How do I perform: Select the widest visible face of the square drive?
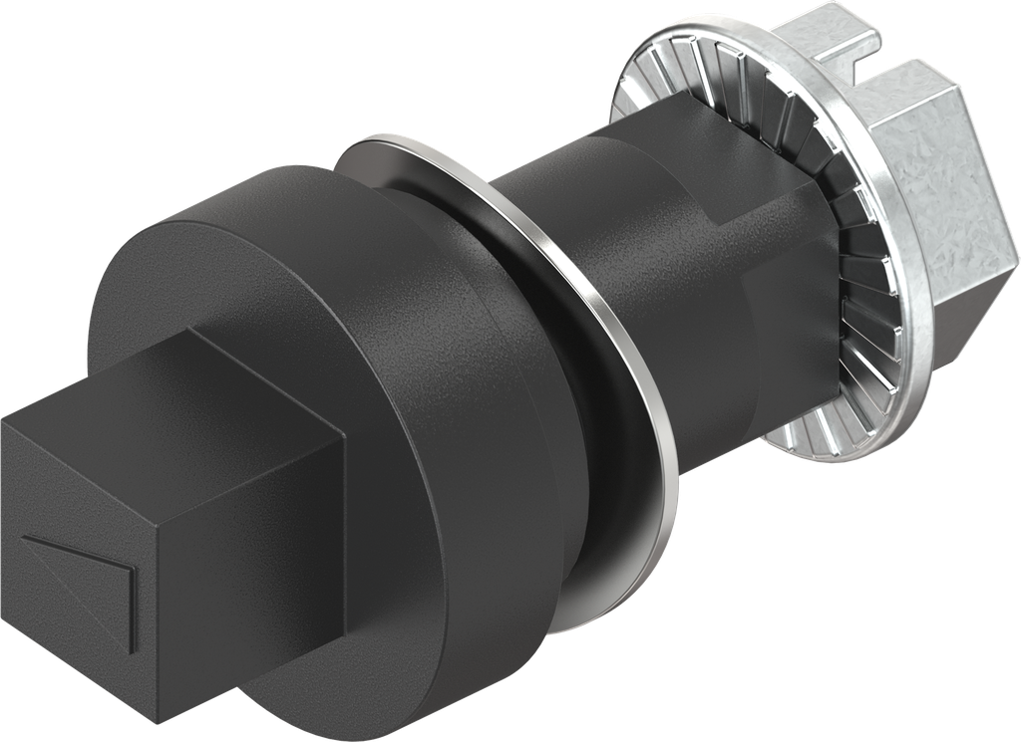click(249, 558)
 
